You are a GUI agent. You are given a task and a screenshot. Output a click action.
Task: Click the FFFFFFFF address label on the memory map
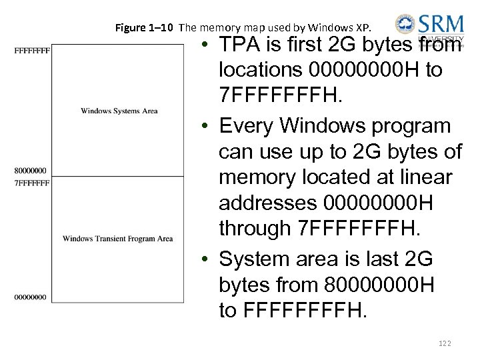click(x=31, y=50)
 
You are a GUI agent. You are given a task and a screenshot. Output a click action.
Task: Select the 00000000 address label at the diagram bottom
click(x=30, y=297)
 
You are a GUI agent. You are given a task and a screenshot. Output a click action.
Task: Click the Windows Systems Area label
click(x=119, y=111)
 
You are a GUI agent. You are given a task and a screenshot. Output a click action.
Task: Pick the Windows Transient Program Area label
click(x=117, y=239)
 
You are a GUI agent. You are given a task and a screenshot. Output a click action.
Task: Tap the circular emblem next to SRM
click(x=405, y=25)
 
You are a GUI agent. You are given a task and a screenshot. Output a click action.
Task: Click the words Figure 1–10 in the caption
click(x=145, y=28)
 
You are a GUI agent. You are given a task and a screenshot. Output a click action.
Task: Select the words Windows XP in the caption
click(x=351, y=28)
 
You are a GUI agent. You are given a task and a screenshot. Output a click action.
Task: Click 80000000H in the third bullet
click(x=377, y=285)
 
